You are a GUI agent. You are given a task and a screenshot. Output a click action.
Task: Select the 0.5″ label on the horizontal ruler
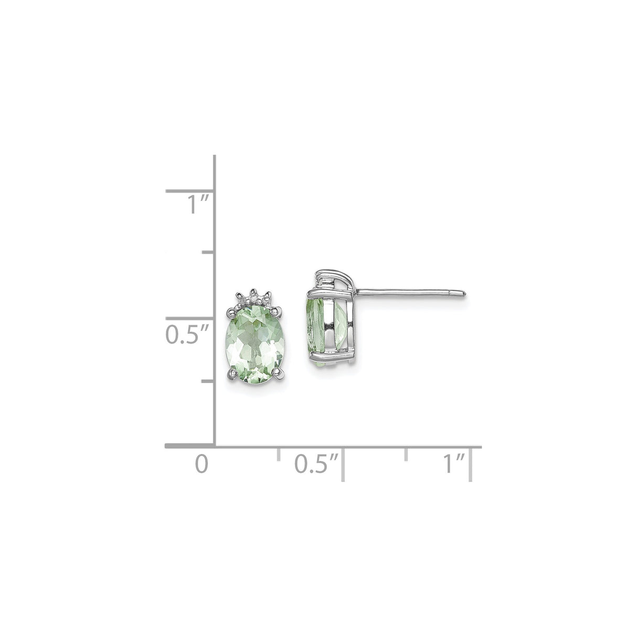[316, 464]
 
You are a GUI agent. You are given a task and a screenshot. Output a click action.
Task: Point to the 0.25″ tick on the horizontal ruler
[278, 454]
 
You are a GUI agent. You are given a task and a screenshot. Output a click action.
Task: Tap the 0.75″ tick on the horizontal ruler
[406, 454]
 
